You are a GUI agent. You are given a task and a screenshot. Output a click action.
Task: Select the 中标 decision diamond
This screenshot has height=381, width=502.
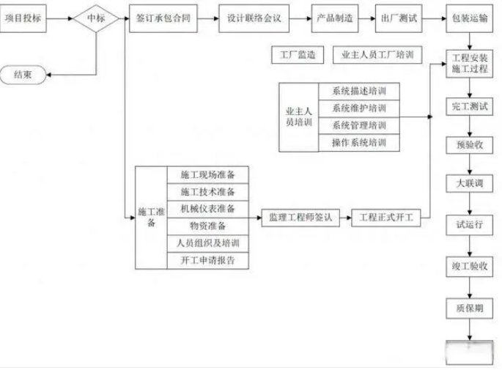tap(95, 17)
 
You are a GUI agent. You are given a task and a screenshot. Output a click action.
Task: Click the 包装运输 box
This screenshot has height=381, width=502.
tap(469, 17)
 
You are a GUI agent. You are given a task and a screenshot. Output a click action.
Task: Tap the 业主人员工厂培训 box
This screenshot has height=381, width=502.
tap(377, 54)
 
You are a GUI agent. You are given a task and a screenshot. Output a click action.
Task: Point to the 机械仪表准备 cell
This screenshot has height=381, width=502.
tap(208, 208)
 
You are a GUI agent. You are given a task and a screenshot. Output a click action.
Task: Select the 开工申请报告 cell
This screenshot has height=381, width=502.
tap(208, 260)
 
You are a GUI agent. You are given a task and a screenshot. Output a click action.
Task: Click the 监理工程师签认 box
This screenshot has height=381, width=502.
tap(301, 217)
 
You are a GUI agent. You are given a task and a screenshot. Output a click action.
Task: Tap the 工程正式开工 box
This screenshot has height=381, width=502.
tap(386, 217)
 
